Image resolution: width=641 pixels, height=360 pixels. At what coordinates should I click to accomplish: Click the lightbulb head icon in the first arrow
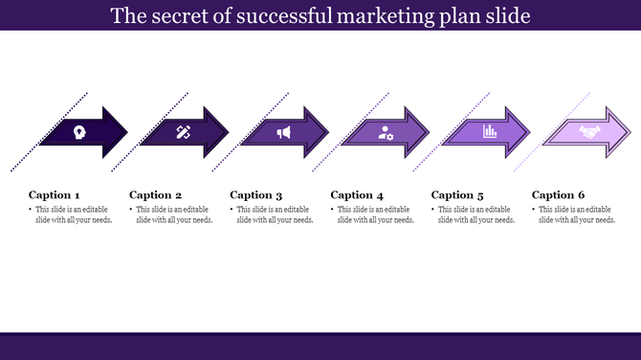(x=78, y=132)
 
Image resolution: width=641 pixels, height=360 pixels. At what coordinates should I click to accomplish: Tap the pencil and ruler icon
(x=183, y=132)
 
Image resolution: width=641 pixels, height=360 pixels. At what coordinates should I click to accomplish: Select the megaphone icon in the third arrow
(x=283, y=132)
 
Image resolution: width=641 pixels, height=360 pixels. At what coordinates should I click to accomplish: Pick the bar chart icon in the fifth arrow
(x=489, y=132)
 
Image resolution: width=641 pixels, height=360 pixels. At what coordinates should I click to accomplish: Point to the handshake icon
(x=590, y=132)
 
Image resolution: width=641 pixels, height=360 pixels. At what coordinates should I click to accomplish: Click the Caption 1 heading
(x=55, y=195)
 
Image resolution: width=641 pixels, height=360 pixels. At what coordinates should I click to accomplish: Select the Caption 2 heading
(x=155, y=195)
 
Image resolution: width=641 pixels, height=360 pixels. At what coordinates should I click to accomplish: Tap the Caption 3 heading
(x=256, y=195)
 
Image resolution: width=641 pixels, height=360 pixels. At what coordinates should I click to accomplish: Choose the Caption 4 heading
(x=357, y=195)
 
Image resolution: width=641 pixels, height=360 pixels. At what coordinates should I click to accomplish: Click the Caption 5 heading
(x=458, y=195)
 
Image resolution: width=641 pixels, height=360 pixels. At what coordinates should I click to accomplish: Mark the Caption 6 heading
(x=559, y=195)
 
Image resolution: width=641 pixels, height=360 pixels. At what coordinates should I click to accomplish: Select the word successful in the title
(x=284, y=16)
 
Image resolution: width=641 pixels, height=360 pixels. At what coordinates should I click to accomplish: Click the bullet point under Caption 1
(x=31, y=210)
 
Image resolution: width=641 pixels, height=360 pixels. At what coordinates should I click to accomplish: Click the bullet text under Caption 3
(x=275, y=214)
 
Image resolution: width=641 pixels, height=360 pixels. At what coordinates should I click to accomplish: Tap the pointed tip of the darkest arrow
(x=127, y=126)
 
